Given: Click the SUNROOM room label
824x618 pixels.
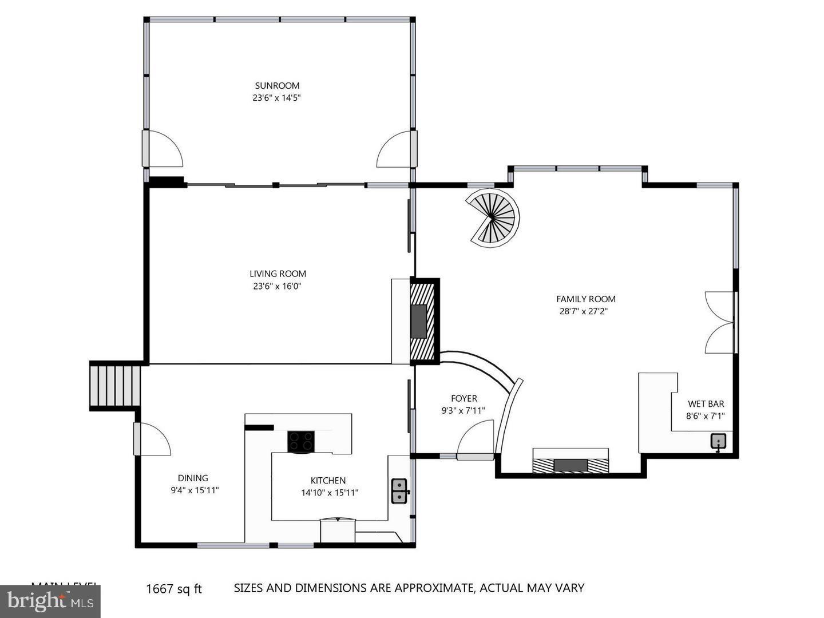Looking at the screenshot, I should pyautogui.click(x=277, y=86).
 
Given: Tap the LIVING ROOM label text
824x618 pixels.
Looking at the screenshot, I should pyautogui.click(x=278, y=274).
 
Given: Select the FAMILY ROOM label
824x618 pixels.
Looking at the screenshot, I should pyautogui.click(x=586, y=299).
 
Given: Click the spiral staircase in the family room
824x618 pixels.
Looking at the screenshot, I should pyautogui.click(x=492, y=219).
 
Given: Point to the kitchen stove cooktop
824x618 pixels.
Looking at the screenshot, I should pyautogui.click(x=301, y=441).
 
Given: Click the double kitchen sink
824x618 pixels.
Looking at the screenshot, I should pyautogui.click(x=399, y=490).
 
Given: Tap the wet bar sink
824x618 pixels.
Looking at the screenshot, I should pyautogui.click(x=719, y=441).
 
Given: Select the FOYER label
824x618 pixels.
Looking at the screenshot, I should pyautogui.click(x=463, y=398).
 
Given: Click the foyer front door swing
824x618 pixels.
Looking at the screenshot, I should pyautogui.click(x=476, y=439).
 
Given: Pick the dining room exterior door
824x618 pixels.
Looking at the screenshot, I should pyautogui.click(x=152, y=439).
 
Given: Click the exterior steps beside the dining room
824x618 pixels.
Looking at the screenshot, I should pyautogui.click(x=116, y=386).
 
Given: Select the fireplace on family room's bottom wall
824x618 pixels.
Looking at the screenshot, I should pyautogui.click(x=571, y=465).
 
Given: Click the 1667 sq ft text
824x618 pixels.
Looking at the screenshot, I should pyautogui.click(x=174, y=589).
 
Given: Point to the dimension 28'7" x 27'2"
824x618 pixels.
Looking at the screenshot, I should pyautogui.click(x=583, y=311).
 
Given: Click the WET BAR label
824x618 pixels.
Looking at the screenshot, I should pyautogui.click(x=706, y=404).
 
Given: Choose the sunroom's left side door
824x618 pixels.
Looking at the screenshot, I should pyautogui.click(x=162, y=149).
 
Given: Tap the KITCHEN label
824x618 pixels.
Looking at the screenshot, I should pyautogui.click(x=328, y=481).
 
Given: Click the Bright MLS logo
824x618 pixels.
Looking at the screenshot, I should pyautogui.click(x=50, y=601).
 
